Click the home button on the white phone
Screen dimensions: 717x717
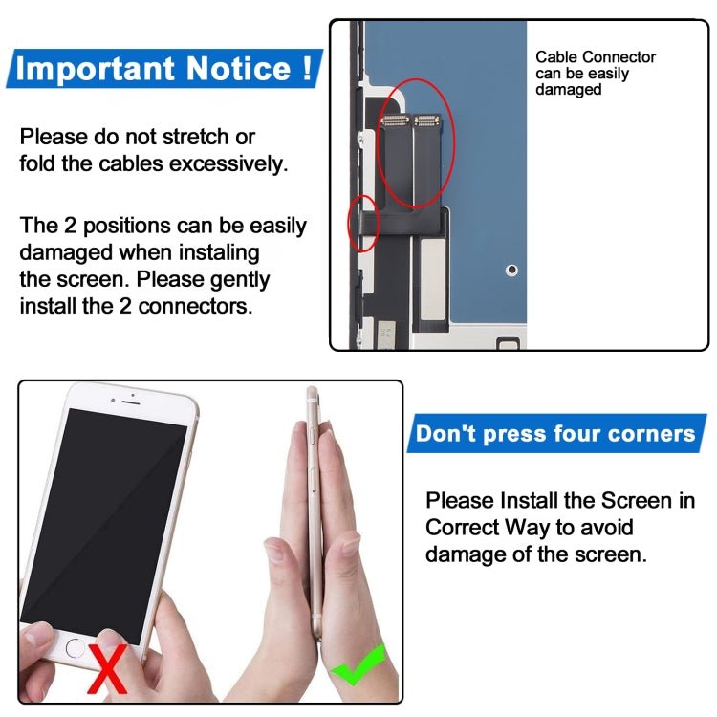[76, 646]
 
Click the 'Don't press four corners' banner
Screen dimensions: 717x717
[555, 433]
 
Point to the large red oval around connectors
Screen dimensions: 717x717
[416, 144]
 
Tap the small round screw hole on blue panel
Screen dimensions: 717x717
[511, 270]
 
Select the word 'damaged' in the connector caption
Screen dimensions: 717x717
[568, 90]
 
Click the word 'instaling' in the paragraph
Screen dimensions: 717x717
[211, 253]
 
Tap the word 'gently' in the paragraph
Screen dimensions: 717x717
[238, 280]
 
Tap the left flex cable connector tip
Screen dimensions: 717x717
[394, 120]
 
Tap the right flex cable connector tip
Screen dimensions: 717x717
[425, 120]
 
